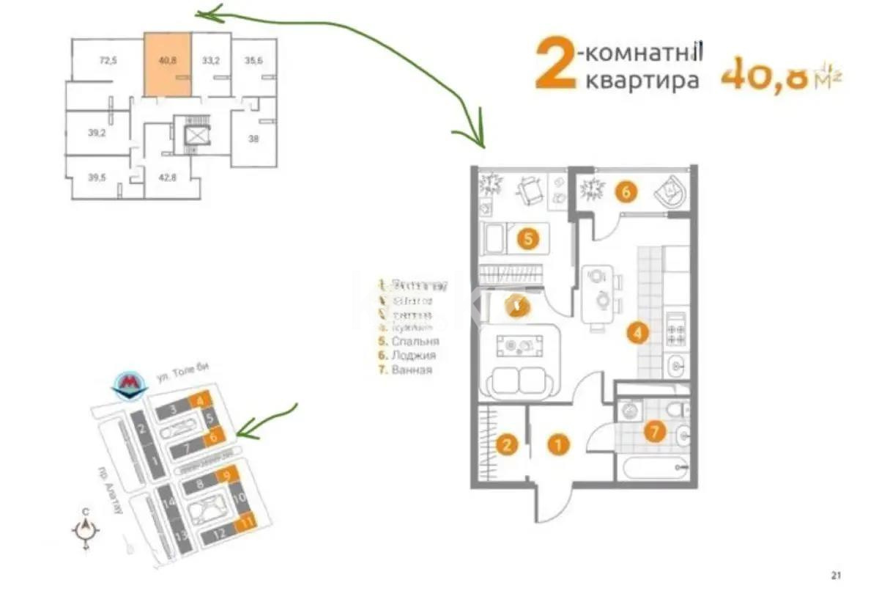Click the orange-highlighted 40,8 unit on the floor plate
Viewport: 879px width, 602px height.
[x=168, y=65]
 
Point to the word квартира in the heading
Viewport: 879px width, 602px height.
[x=641, y=79]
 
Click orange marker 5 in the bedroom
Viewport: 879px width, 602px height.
[x=527, y=238]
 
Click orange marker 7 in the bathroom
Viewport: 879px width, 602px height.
[x=654, y=433]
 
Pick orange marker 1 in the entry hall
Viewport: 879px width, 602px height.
[x=558, y=444]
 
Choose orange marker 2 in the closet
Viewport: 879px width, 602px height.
[x=507, y=444]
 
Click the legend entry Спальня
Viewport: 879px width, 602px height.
[x=415, y=341]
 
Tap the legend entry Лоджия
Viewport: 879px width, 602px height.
[x=414, y=356]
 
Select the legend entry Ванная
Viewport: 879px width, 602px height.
[x=412, y=370]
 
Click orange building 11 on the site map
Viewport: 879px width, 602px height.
[x=248, y=524]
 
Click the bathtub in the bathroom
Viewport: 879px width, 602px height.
[x=651, y=465]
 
